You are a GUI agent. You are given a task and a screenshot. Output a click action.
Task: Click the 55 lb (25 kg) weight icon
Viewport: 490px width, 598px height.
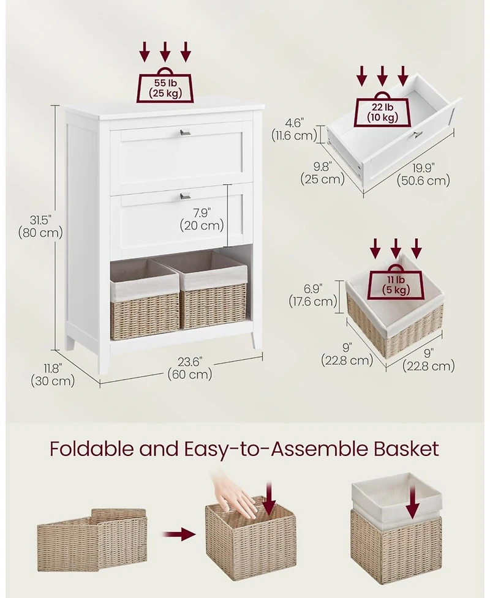pos(165,86)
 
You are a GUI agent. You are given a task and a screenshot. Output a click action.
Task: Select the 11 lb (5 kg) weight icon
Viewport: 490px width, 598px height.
pos(396,283)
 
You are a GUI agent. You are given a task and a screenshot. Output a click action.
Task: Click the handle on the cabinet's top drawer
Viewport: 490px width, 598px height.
pos(185,132)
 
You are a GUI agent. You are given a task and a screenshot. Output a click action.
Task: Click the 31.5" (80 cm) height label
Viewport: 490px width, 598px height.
pos(40,226)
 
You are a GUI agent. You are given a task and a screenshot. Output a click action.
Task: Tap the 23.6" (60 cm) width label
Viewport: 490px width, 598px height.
pos(190,368)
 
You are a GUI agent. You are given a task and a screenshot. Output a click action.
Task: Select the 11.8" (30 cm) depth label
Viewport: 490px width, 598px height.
pos(52,375)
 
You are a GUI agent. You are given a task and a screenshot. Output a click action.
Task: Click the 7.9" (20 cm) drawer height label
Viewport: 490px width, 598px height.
pos(202,219)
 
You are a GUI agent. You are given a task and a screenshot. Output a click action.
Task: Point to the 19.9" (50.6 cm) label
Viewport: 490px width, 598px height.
pos(423,174)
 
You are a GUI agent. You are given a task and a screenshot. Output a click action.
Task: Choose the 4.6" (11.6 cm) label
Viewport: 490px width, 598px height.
pos(294,129)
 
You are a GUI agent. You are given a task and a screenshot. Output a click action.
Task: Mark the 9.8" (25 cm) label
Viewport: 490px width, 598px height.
pos(322,173)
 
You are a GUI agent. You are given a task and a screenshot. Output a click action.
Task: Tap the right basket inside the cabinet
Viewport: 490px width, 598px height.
pos(214,290)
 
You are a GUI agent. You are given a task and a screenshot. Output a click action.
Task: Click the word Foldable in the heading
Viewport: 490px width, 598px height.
pos(92,449)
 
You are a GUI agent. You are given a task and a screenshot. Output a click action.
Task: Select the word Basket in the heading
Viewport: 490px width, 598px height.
pos(407,449)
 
